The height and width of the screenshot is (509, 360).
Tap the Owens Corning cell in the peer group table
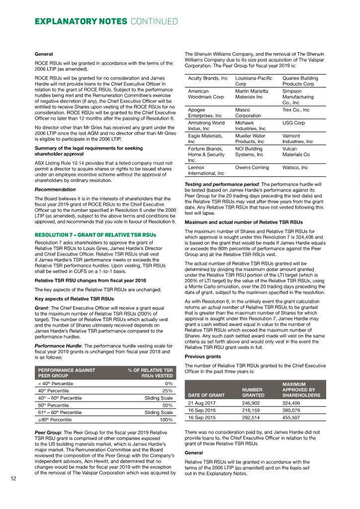[x=251, y=168]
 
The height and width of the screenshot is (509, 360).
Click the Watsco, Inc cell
[x=295, y=168]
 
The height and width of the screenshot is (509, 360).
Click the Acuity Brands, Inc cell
[x=208, y=79]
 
